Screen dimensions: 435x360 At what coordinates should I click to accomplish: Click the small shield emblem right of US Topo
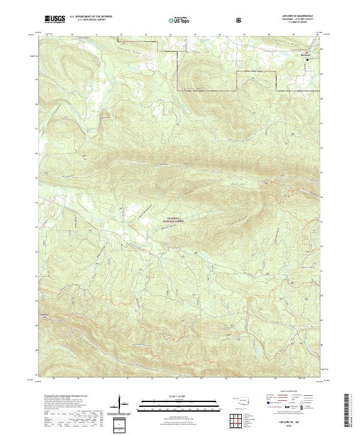[206, 20]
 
